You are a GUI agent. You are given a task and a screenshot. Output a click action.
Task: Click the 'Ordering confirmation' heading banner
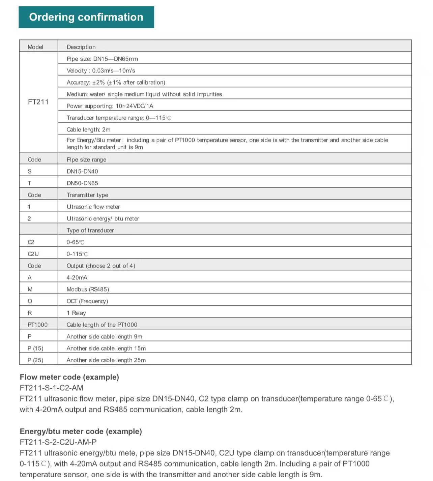[x=86, y=17]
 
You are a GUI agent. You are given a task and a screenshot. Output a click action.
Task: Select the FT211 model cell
[x=38, y=102]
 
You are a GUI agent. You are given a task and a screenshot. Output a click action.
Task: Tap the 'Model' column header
[x=35, y=47]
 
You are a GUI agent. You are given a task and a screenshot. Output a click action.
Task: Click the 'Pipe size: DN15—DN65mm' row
[x=102, y=59]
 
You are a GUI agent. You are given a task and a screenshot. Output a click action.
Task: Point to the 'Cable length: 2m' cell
[x=88, y=129]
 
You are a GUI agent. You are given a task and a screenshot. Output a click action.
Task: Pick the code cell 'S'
[x=30, y=171]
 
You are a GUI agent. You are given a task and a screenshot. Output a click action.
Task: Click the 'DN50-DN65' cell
[x=82, y=183]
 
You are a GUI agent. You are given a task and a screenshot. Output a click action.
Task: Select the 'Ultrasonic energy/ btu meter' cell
[x=103, y=218]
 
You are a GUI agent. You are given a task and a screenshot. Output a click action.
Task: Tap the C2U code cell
[x=33, y=254]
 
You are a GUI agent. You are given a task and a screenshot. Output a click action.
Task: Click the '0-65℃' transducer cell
[x=75, y=242]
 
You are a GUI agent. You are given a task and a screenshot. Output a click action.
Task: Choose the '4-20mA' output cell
[x=77, y=277]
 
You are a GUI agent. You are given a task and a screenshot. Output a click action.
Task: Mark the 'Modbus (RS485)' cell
[x=88, y=289]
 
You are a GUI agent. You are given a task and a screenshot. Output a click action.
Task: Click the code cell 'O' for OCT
[x=30, y=301]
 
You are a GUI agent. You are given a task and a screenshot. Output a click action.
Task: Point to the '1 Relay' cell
[x=76, y=313]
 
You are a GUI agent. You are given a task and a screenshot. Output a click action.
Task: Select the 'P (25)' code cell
[x=35, y=360]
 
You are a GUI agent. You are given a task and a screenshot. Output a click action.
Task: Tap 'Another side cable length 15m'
[x=106, y=348]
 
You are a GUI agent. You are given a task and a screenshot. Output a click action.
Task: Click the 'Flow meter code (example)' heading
[x=69, y=377]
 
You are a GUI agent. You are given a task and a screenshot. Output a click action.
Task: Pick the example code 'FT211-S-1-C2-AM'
[x=52, y=388]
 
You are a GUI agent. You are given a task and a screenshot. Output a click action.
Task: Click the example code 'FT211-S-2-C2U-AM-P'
[x=58, y=442]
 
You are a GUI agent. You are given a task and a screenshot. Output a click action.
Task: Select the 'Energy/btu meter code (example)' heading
[x=81, y=431]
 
